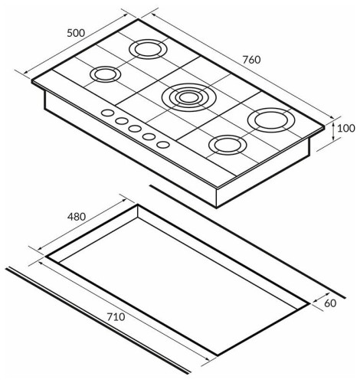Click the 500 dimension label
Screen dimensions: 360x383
[76, 33]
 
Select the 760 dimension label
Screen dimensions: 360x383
[251, 60]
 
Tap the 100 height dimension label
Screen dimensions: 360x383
[346, 128]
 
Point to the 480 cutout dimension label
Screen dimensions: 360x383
[77, 217]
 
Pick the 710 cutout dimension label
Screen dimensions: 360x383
[116, 317]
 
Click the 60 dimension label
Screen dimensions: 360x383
[330, 303]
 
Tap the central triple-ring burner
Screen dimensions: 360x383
[189, 97]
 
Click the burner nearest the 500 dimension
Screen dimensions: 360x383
[148, 49]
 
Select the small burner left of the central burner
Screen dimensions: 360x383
[105, 74]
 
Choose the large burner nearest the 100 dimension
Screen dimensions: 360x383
[271, 120]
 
